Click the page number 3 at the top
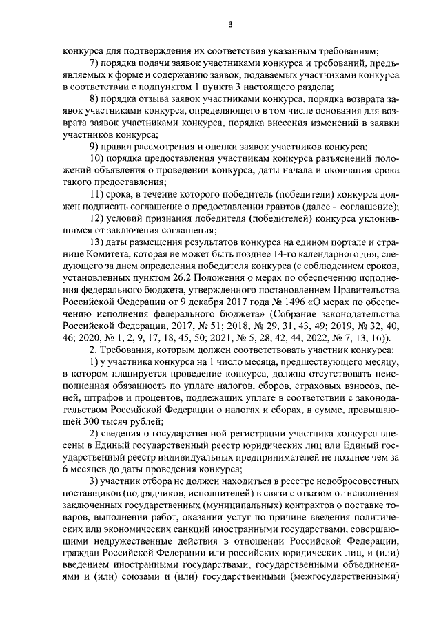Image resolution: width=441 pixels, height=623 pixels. [230, 25]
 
